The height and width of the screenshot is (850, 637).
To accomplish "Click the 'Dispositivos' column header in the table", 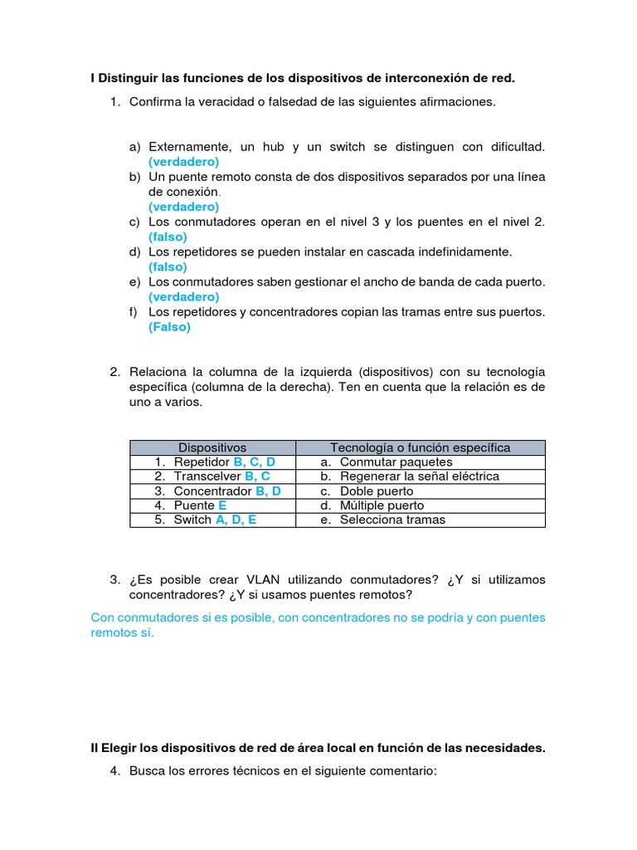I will [x=212, y=447].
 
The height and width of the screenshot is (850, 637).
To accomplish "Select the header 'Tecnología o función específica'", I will [x=421, y=447].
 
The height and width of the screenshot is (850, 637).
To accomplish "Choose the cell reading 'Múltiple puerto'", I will [x=382, y=505].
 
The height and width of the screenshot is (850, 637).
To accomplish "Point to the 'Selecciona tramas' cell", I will [x=392, y=520].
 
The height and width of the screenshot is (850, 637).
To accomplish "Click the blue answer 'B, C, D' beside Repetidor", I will [x=255, y=462].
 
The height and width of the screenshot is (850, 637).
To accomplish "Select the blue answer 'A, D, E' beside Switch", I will [x=236, y=520].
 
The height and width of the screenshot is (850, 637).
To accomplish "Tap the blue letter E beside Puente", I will [x=222, y=505].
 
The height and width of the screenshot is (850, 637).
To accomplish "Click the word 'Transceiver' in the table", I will [x=207, y=476].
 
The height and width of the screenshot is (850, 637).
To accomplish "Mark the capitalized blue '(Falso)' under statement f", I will [x=169, y=327].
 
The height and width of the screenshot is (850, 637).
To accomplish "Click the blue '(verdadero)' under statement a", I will [x=184, y=162].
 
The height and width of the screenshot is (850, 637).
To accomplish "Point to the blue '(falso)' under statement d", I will [x=168, y=266].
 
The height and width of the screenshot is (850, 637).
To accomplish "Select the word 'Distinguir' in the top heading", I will [x=129, y=78].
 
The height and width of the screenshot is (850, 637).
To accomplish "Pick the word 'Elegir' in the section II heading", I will [x=119, y=748].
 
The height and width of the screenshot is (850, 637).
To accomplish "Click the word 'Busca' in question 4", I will [x=146, y=771].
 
